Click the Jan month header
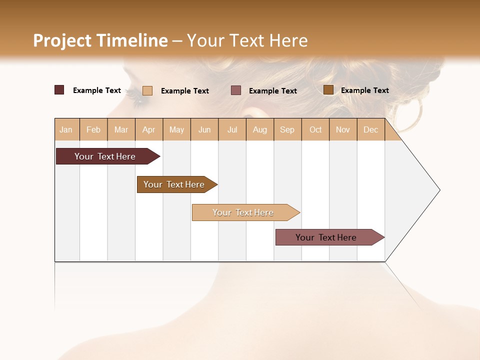point(66,129)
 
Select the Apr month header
point(148,129)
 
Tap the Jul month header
point(232,129)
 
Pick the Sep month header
point(287,129)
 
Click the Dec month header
point(370,129)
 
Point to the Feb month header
point(93,129)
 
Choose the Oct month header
point(315,129)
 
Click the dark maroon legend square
point(59,90)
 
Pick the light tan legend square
point(147,90)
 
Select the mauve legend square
point(236,90)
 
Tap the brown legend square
point(328,90)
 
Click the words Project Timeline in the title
point(100,40)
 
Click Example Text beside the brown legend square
point(364,90)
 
